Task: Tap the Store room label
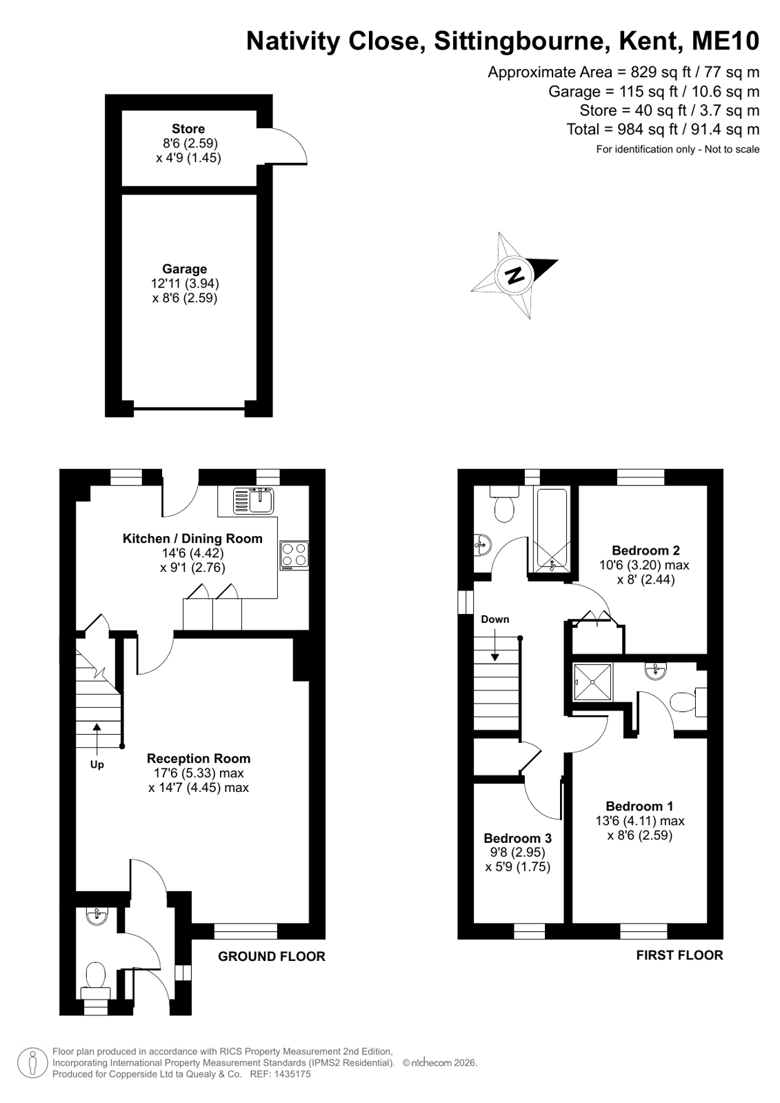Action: tap(188, 129)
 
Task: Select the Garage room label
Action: tap(185, 269)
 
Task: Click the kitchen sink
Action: tap(254, 500)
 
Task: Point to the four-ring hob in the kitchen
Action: tap(294, 555)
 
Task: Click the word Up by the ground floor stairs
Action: tap(97, 765)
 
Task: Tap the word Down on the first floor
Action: tap(495, 619)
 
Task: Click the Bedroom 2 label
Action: tap(646, 550)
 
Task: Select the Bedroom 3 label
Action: tap(517, 838)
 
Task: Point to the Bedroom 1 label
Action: tap(639, 806)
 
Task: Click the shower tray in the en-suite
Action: tap(592, 682)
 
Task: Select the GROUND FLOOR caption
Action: tap(272, 956)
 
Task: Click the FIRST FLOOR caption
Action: tap(679, 955)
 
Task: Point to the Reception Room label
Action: tap(199, 758)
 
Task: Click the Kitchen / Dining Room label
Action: tap(192, 539)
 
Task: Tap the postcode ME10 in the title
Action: tap(726, 41)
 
